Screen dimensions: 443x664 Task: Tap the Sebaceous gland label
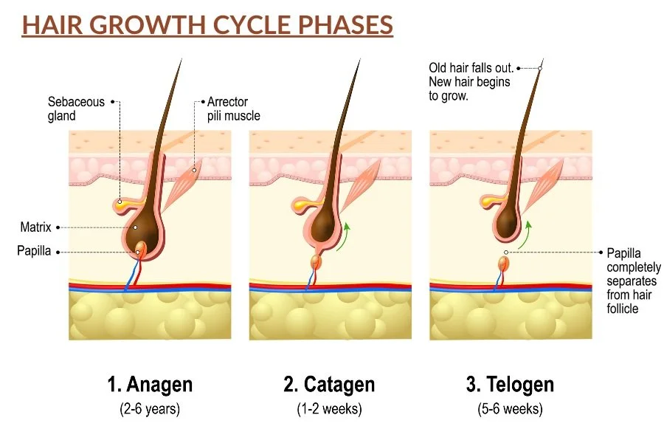pos(77,109)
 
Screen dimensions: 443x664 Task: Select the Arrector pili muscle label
pos(233,109)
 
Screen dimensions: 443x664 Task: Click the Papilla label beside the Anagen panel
pos(34,251)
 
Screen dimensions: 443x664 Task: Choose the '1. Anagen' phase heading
pos(150,385)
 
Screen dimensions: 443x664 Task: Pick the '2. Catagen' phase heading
pos(329,385)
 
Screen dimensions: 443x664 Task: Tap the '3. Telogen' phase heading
pos(510,385)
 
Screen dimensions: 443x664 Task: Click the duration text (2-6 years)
pos(150,408)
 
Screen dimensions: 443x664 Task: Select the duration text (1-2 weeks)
pos(329,408)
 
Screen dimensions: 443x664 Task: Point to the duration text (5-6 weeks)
pos(510,408)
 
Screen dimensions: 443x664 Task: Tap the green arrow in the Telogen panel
pos(525,233)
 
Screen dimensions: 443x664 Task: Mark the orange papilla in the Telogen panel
pos(503,264)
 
